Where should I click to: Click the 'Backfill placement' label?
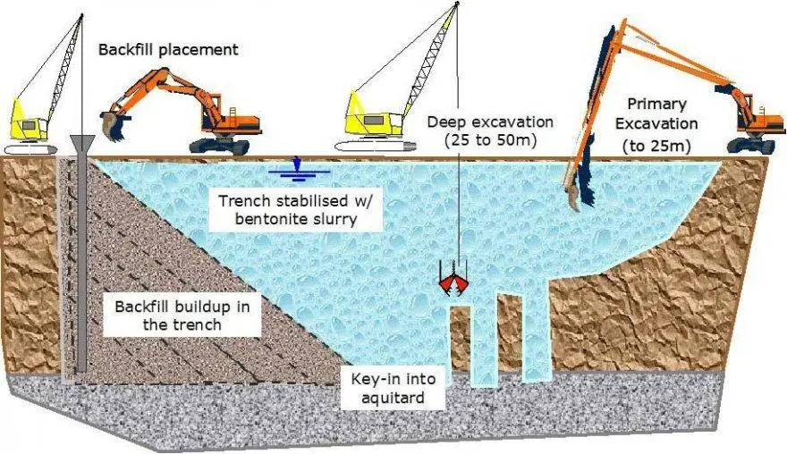click(x=168, y=50)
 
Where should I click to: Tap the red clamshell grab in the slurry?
click(x=453, y=283)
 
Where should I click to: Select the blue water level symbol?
click(x=299, y=169)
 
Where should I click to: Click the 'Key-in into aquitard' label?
click(x=393, y=388)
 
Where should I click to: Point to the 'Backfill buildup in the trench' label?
click(x=182, y=315)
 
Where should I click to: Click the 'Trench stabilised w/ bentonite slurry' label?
click(x=296, y=210)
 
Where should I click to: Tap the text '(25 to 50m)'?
click(x=490, y=140)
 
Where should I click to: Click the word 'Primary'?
click(x=657, y=104)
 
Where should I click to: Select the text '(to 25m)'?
click(x=656, y=146)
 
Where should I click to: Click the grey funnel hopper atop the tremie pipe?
click(x=81, y=143)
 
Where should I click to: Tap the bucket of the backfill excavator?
click(x=113, y=125)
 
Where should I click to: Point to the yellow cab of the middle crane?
click(x=374, y=116)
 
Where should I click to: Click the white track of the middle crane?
click(x=375, y=146)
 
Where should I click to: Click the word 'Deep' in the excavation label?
click(x=446, y=122)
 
